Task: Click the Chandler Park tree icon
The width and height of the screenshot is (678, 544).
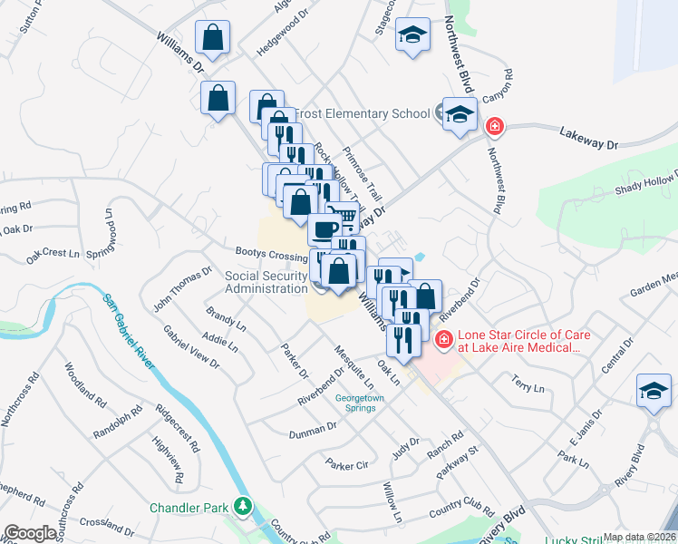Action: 242,506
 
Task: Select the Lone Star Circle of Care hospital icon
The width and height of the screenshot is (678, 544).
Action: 444,340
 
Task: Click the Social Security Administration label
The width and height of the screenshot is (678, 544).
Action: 266,282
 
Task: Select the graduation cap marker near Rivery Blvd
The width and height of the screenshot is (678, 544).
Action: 654,390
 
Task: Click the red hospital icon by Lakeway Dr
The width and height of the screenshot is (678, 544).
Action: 494,126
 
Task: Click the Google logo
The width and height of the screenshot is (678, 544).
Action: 31,533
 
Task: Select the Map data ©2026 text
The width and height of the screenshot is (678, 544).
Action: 639,537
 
